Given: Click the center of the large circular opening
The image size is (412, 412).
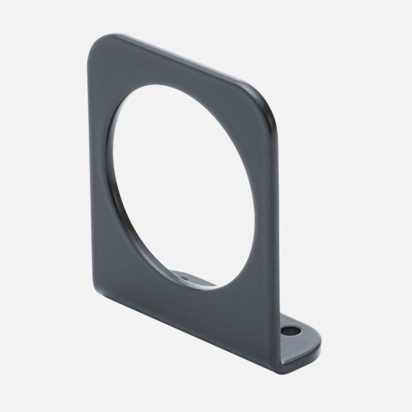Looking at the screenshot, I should pyautogui.click(x=181, y=186).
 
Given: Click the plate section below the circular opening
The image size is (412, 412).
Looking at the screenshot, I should pyautogui.click(x=196, y=314).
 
